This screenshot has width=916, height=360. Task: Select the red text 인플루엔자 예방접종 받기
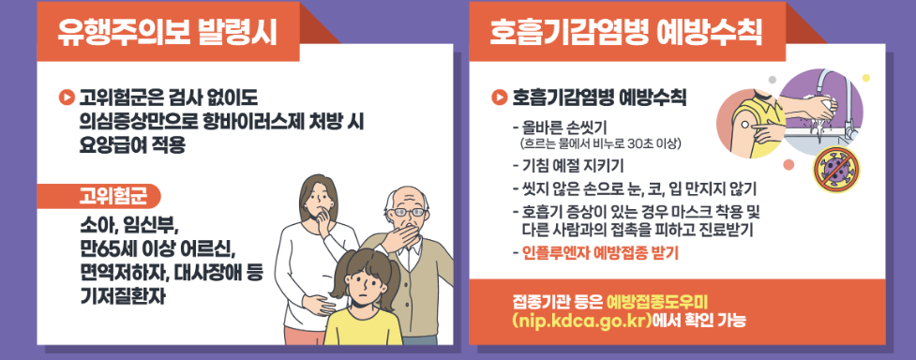pos(595,252)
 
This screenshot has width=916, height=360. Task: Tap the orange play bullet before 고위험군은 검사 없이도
pos(66,94)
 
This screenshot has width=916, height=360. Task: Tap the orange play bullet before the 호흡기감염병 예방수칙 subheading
pos(499,96)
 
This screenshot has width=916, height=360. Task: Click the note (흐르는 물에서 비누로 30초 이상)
pos(599,143)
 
